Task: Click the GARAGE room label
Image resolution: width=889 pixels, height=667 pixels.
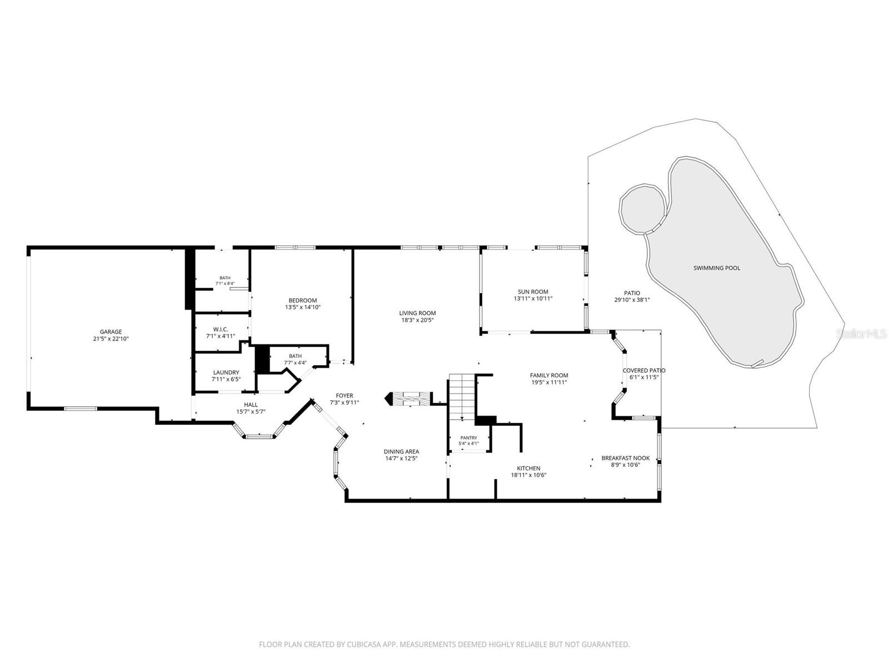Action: click(x=111, y=332)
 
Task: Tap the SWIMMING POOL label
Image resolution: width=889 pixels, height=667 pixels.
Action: click(x=716, y=268)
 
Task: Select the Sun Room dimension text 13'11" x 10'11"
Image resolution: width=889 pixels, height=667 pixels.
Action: click(x=533, y=298)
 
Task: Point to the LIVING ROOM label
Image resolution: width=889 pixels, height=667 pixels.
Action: click(x=417, y=312)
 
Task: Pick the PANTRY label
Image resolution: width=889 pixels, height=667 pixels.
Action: click(x=468, y=438)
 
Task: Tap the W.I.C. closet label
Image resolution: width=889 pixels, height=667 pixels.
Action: click(x=221, y=329)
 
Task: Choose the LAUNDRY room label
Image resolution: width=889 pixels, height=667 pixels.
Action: click(x=226, y=372)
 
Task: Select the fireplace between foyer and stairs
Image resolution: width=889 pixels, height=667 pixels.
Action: click(x=408, y=399)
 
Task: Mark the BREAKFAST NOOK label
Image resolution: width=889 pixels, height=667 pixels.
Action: click(x=625, y=458)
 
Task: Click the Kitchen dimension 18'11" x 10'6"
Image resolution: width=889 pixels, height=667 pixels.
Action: click(x=528, y=475)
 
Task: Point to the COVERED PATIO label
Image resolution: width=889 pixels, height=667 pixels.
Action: click(x=644, y=371)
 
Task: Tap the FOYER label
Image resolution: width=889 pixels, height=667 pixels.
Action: click(x=344, y=395)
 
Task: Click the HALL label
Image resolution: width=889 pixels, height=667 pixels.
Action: click(x=251, y=405)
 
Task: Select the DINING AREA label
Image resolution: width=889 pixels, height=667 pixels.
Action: click(x=401, y=451)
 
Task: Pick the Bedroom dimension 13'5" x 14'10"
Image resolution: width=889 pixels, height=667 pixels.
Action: click(x=303, y=307)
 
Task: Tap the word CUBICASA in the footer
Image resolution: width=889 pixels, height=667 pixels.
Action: click(x=364, y=644)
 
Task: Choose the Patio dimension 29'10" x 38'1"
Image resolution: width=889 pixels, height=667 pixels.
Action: click(x=632, y=300)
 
